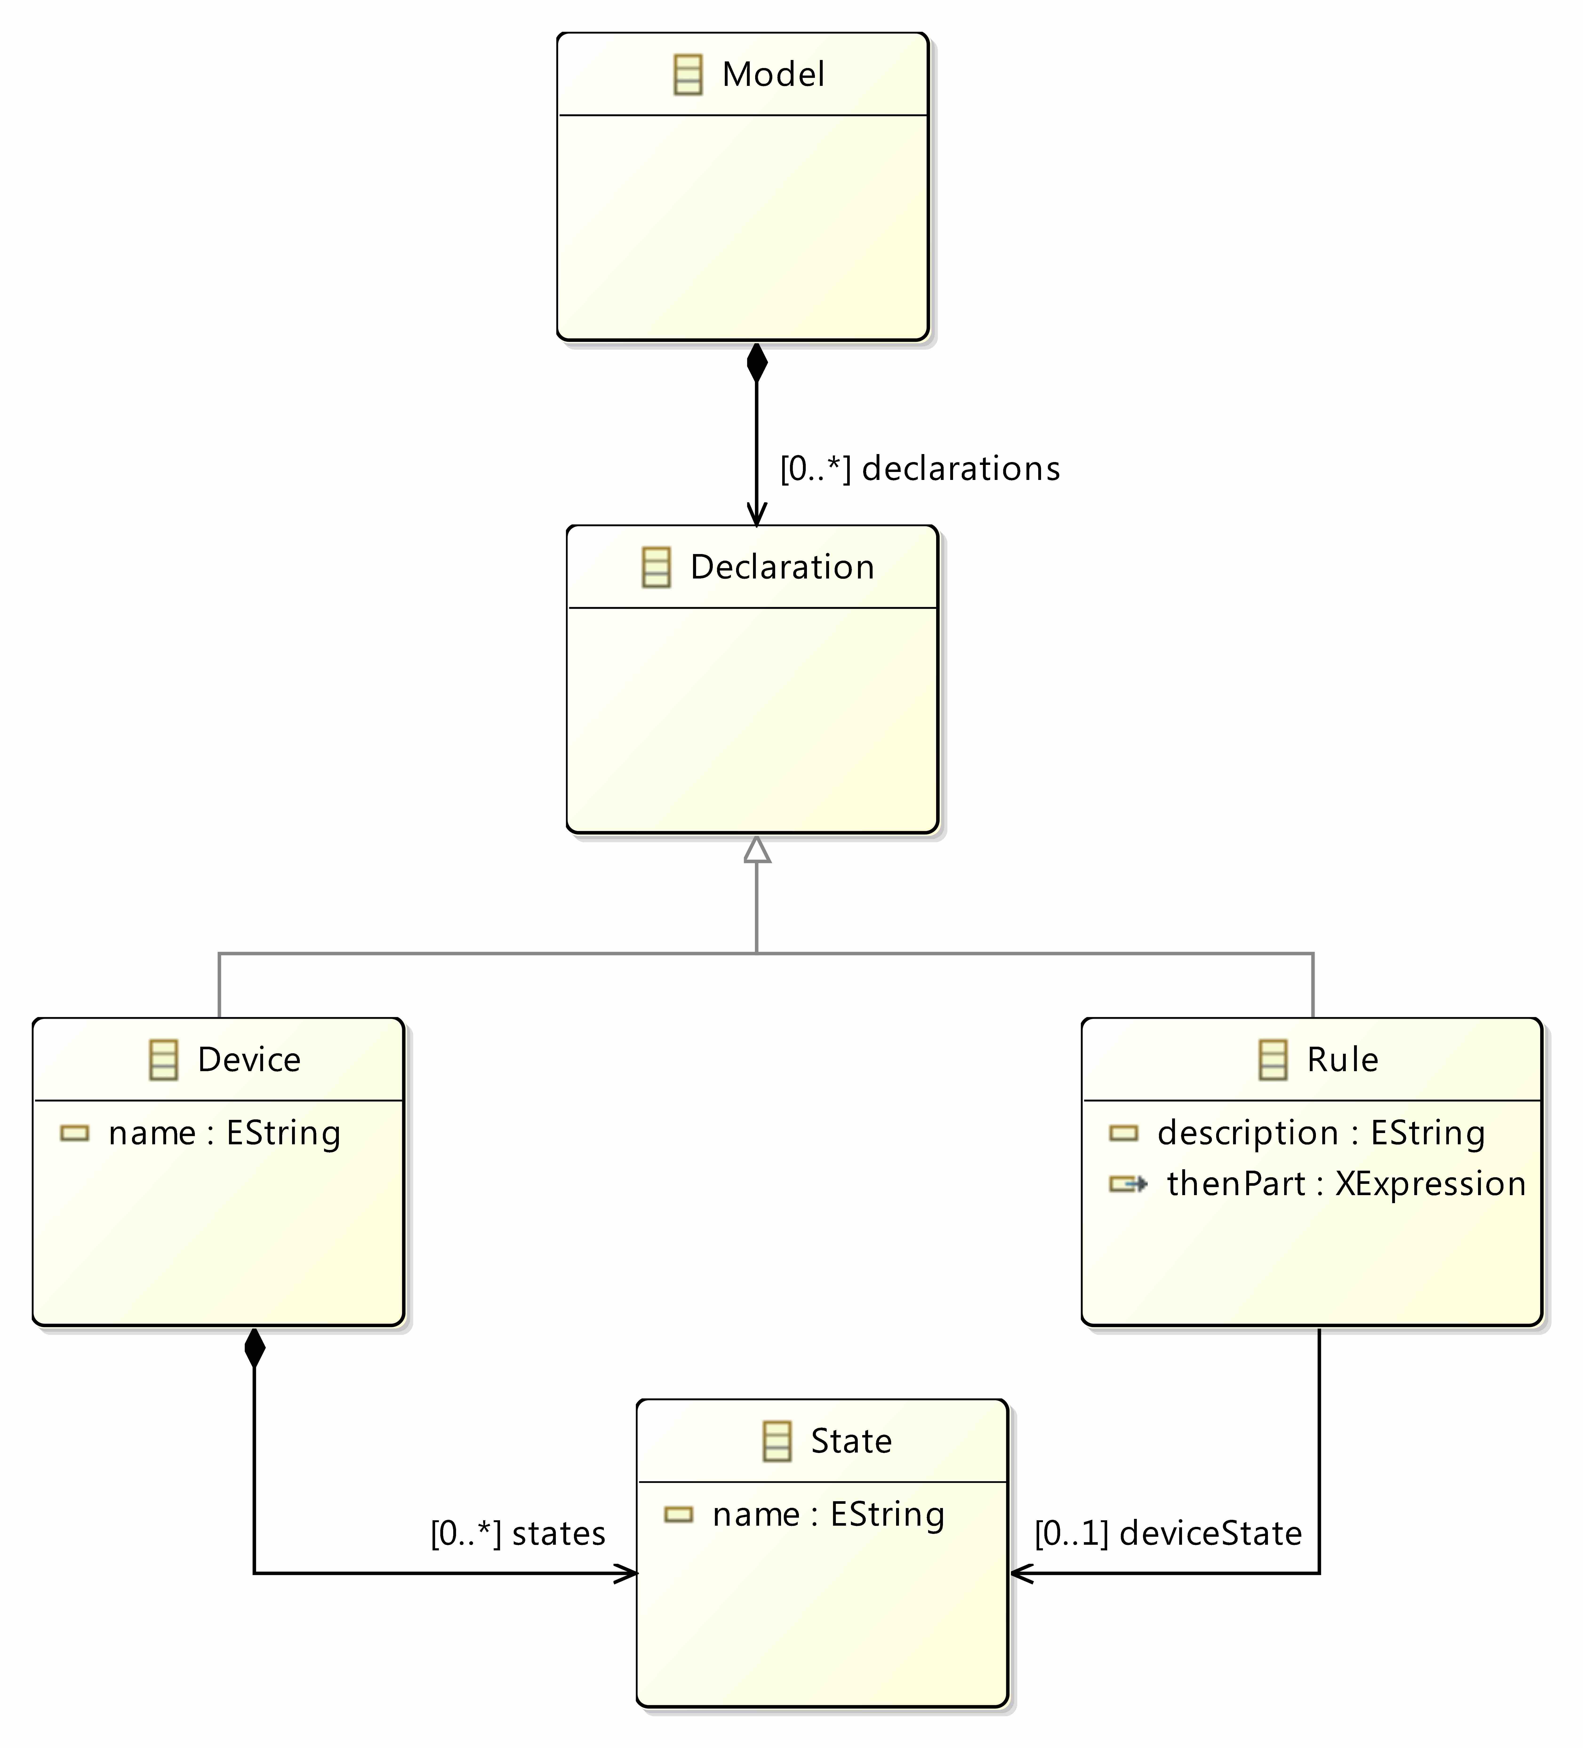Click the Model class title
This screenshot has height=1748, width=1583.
pos(773,75)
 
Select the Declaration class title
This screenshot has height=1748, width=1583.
pos(782,567)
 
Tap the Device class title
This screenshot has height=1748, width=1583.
pos(249,1060)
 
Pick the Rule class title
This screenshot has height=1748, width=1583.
pos(1343,1060)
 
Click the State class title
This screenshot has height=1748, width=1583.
pos(851,1441)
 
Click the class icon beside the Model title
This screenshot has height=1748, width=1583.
pos(688,75)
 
